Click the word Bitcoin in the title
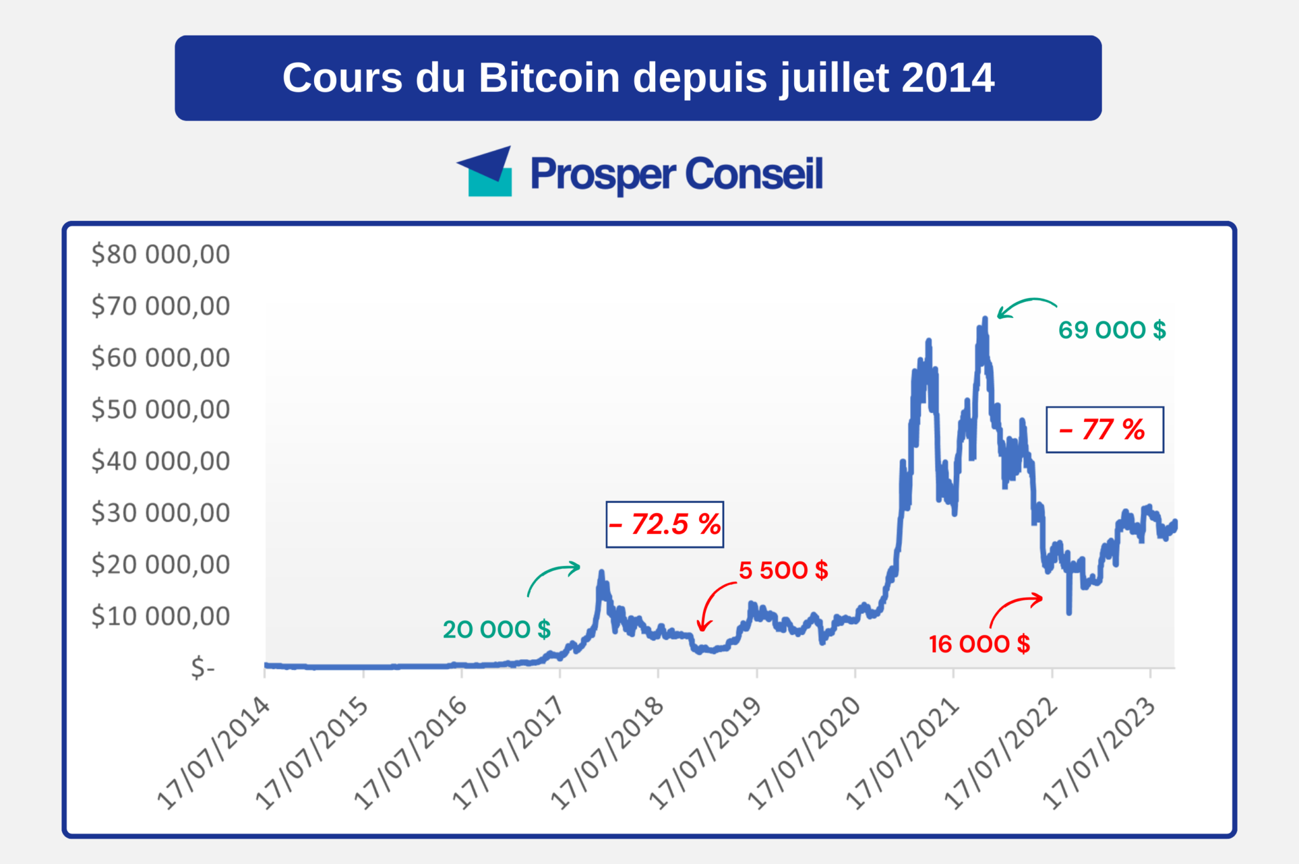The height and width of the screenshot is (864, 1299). coord(549,78)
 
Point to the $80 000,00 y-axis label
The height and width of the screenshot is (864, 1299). coord(160,254)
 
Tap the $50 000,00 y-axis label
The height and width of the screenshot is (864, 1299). coord(160,409)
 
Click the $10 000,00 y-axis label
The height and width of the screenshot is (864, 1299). coord(160,616)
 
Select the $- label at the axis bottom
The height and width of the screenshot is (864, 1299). coord(203,668)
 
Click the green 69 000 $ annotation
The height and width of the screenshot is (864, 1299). coord(1112,330)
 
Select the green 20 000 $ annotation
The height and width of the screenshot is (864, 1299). coord(497,629)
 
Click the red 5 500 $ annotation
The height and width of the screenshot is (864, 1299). coord(783,570)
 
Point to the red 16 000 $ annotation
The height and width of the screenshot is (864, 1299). coord(979,644)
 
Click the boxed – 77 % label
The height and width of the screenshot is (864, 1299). coord(1104,429)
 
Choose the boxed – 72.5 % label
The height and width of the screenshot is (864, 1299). coord(665,524)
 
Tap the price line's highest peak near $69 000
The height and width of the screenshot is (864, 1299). coord(984,319)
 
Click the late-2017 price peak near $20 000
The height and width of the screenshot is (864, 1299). coord(601,573)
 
